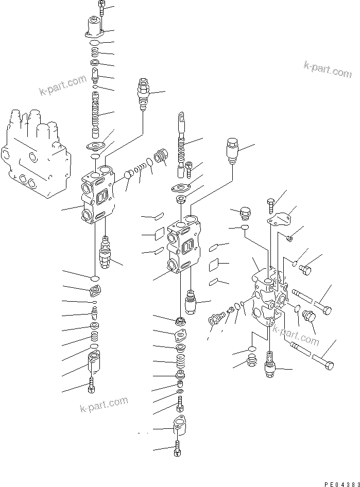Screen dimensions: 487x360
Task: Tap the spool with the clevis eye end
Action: (181, 139)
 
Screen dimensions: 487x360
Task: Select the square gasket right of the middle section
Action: (214, 266)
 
